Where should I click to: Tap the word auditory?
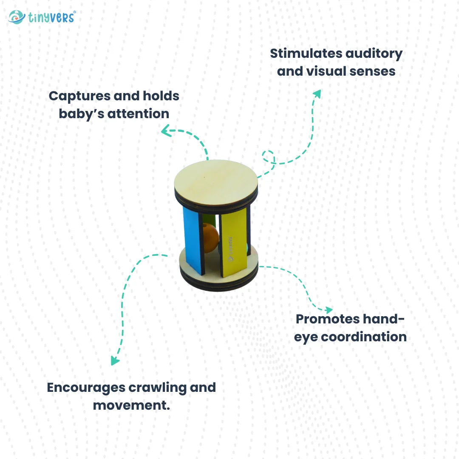[x=374, y=54]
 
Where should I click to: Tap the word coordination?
[x=363, y=337]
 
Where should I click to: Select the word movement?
[x=131, y=405]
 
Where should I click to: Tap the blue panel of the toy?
[x=192, y=240]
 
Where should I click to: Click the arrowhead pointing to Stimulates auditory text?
[x=317, y=93]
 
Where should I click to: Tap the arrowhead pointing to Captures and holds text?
[x=166, y=132]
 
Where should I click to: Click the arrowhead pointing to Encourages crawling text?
[x=114, y=361]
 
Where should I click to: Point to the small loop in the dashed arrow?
[x=268, y=156]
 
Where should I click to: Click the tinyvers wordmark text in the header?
[x=51, y=17]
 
